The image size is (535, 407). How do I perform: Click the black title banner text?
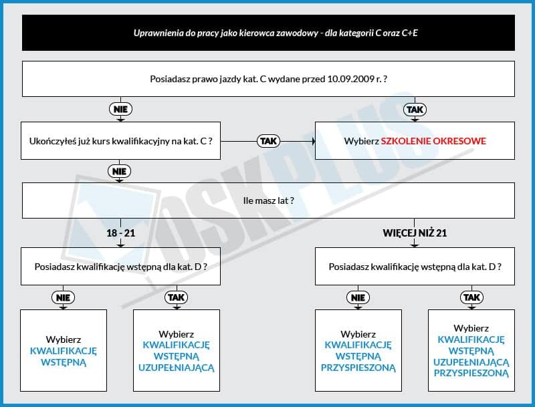tap(276, 33)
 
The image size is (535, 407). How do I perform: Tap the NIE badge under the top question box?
tap(120, 110)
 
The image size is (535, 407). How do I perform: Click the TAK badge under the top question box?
tap(415, 110)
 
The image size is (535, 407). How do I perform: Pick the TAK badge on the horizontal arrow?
tap(269, 141)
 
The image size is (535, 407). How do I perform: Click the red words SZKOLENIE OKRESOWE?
tap(433, 141)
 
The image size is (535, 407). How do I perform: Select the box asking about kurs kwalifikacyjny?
tap(121, 141)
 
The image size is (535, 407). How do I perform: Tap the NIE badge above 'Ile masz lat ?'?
tap(119, 171)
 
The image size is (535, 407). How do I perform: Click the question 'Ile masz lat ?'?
tap(269, 200)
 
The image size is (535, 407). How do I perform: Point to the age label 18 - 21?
tap(121, 233)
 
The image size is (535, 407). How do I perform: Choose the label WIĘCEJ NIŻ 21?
tap(415, 233)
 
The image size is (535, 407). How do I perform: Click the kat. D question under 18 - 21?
tap(121, 267)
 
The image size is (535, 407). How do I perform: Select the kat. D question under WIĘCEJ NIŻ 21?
tap(415, 267)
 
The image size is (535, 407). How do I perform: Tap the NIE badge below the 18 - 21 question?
tap(63, 297)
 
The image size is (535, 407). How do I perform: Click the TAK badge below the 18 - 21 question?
tap(177, 297)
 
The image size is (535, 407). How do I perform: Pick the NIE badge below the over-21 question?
tap(358, 297)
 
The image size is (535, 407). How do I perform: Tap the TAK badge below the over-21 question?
tap(472, 297)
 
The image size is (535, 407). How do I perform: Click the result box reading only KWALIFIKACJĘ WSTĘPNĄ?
tap(64, 350)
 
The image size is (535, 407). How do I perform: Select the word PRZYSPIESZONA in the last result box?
tap(471, 374)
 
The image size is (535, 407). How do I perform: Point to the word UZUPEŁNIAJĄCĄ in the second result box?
tap(177, 368)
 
